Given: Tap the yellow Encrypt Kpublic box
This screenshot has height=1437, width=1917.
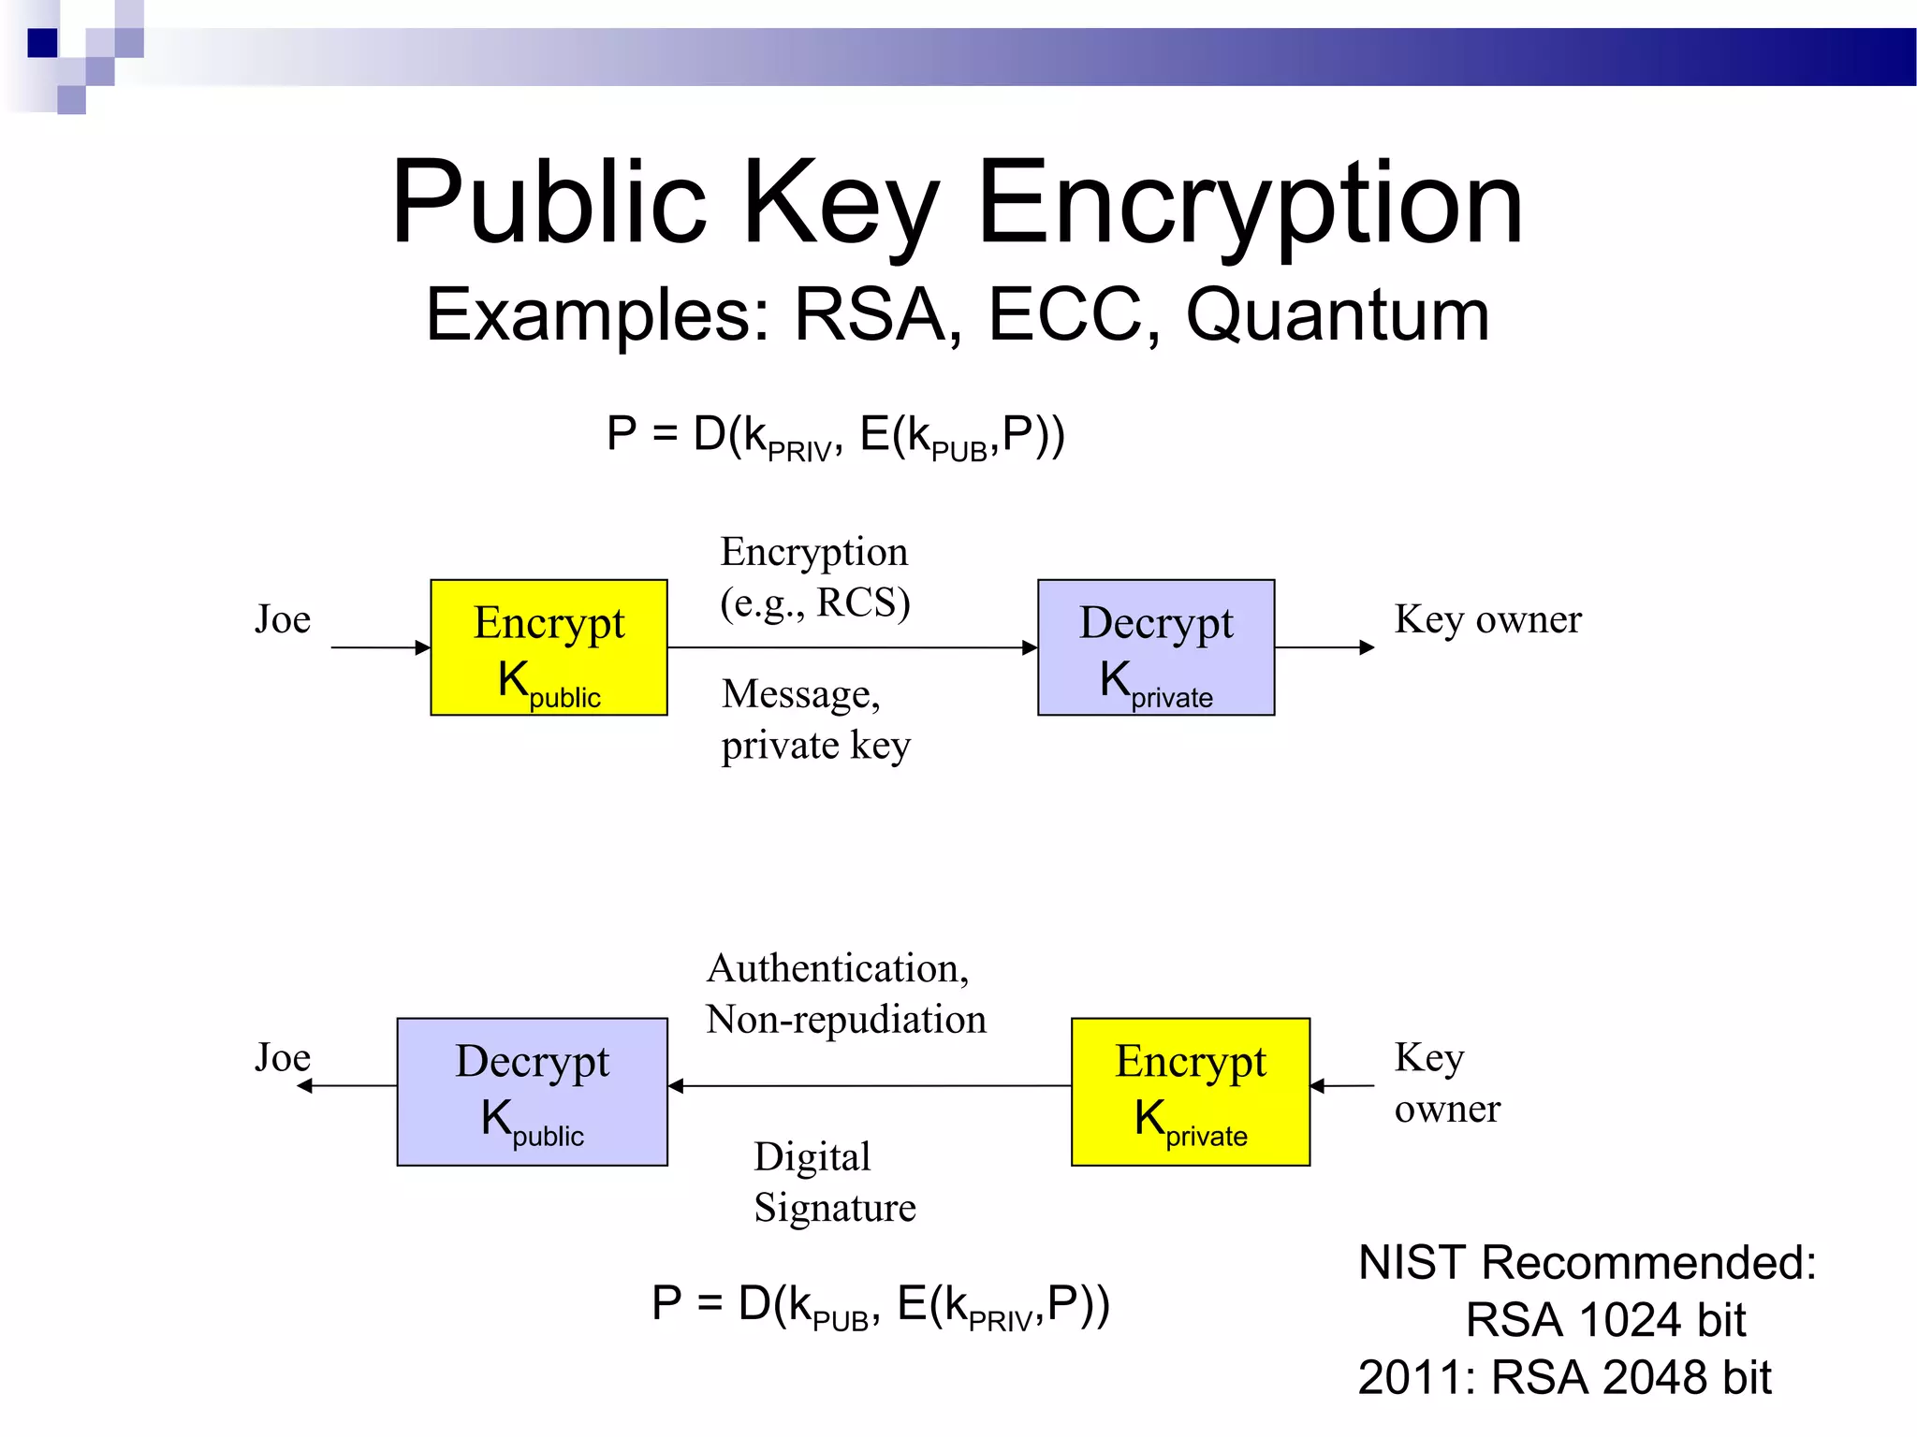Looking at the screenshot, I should click(x=549, y=647).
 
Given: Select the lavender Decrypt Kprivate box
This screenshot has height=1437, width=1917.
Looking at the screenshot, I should click(x=1156, y=647).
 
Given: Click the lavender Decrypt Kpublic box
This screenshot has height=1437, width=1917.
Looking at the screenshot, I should click(x=532, y=1091).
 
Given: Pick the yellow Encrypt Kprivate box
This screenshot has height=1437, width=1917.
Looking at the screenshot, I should click(x=1190, y=1091).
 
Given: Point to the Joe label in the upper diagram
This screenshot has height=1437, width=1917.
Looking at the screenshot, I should click(x=282, y=619).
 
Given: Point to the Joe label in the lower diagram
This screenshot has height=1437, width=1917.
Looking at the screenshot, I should click(x=282, y=1058).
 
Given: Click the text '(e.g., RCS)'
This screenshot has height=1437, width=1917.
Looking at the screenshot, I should click(x=814, y=602).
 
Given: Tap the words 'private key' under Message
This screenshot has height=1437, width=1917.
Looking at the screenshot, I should click(x=815, y=746).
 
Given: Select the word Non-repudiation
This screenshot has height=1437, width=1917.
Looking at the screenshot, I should click(x=846, y=1019).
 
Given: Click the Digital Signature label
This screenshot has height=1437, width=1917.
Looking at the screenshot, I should click(x=834, y=1182).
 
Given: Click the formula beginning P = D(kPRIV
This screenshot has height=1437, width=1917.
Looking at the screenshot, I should click(x=835, y=436).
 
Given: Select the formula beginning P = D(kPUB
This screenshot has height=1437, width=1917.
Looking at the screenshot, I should click(x=880, y=1304).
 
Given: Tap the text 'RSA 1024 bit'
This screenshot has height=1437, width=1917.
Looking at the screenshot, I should click(x=1604, y=1320).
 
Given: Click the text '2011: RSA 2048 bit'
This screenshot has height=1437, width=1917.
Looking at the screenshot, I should click(x=1564, y=1377).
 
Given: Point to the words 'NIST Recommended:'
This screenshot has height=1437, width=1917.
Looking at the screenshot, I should click(x=1587, y=1262).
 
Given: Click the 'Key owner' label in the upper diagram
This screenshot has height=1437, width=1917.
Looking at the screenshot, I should click(x=1487, y=619).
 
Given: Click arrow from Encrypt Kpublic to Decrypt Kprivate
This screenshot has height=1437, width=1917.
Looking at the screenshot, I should click(x=852, y=647).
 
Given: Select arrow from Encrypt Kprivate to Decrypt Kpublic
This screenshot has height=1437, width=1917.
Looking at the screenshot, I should click(x=871, y=1086).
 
